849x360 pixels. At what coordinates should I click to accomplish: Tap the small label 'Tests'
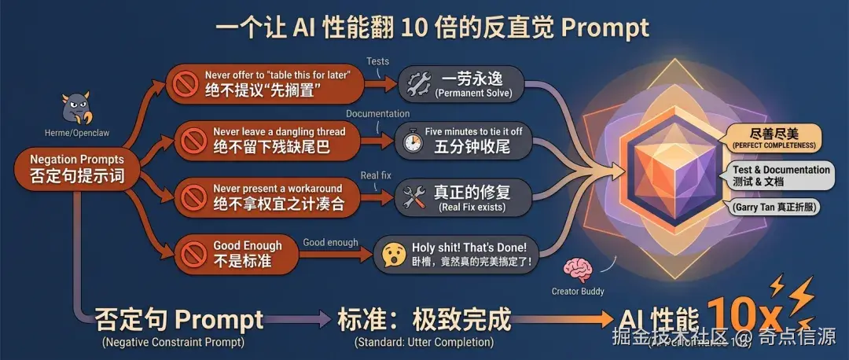377,61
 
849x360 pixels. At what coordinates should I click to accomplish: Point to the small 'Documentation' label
377,114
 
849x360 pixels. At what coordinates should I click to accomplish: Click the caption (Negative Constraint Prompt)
173,343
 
